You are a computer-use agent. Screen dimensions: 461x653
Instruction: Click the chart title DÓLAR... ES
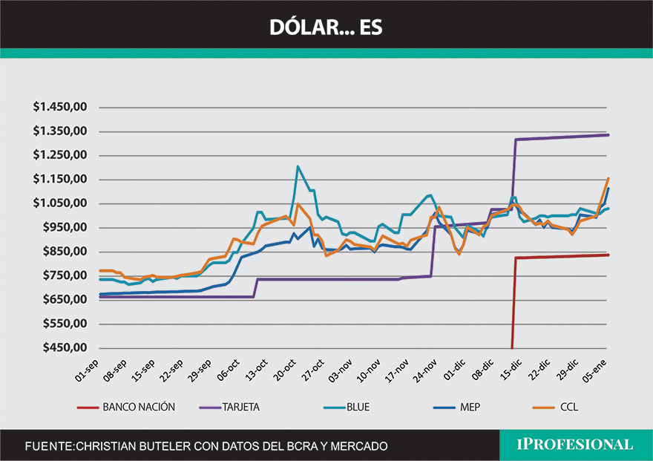(326, 27)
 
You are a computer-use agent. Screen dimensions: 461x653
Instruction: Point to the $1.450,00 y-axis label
(61, 107)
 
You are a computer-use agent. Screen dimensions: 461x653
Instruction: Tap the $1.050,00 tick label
(61, 203)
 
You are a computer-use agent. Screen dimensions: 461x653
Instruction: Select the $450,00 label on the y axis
(65, 348)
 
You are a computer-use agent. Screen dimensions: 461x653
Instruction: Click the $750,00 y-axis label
(65, 275)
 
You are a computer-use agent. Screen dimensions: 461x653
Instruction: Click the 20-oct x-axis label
(283, 368)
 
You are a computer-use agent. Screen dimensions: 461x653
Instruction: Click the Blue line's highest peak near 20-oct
(298, 166)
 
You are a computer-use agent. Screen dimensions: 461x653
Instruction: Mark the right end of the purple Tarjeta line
(608, 135)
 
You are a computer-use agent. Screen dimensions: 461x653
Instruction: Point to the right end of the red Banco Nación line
(608, 255)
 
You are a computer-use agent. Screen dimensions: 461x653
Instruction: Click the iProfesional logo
(574, 445)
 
